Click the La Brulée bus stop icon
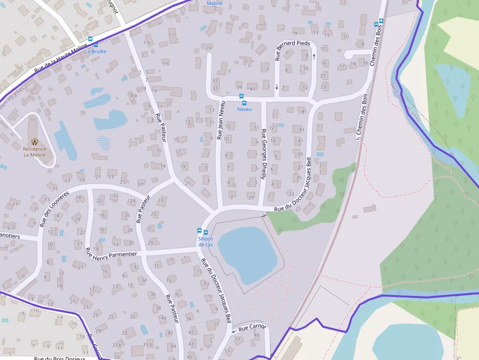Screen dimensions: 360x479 pyautogui.click(x=89, y=39)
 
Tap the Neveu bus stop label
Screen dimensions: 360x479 pyautogui.click(x=244, y=109)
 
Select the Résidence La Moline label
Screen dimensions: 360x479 pyautogui.click(x=35, y=152)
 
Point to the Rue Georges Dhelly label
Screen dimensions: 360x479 pyautogui.click(x=263, y=154)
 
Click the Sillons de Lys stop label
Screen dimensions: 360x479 pyautogui.click(x=206, y=241)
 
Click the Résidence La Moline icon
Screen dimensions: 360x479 pyautogui.click(x=34, y=142)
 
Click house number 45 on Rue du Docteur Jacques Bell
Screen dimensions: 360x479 pyautogui.click(x=304, y=112)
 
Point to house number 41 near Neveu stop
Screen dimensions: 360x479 pyautogui.click(x=252, y=89)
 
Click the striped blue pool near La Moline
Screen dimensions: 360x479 pyautogui.click(x=103, y=143)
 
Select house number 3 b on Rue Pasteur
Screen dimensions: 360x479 pyautogui.click(x=165, y=64)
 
